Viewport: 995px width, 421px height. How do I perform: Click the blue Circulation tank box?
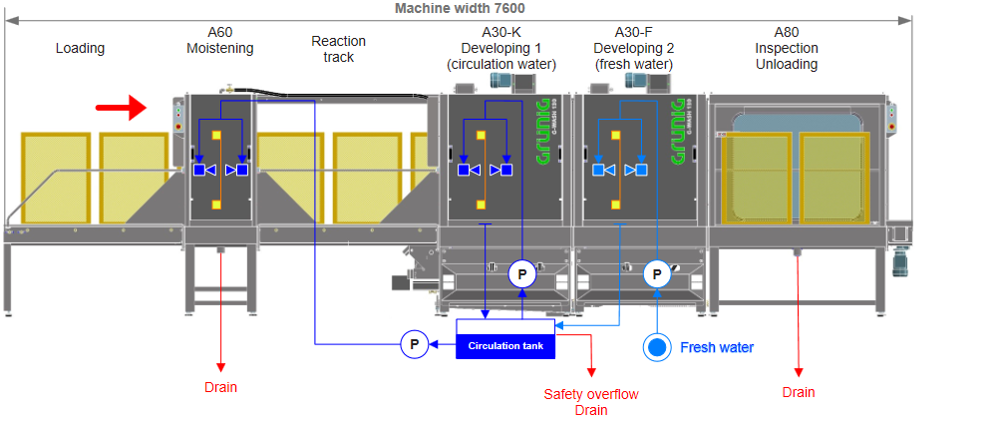coord(505,345)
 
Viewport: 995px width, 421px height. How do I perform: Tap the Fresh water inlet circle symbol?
coord(656,347)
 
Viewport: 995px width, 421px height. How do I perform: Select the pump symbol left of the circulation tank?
coord(415,345)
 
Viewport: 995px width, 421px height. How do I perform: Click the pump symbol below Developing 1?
coord(521,273)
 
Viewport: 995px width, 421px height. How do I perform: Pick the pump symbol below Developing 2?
coord(657,273)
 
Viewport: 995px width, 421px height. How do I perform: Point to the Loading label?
coord(80,48)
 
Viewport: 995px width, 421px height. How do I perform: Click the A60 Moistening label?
coord(219,41)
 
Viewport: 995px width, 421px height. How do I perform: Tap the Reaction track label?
coord(338,49)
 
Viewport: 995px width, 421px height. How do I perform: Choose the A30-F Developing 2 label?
coord(633,48)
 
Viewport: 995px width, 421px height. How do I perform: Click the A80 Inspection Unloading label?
coord(786,48)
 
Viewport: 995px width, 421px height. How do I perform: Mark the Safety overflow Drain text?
coord(590,401)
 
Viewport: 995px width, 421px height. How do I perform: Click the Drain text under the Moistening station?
coord(221,387)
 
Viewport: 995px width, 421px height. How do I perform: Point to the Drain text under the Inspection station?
coord(798,392)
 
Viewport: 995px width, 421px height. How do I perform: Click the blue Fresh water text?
coord(716,347)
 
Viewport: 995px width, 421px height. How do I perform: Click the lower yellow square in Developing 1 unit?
coord(482,206)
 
